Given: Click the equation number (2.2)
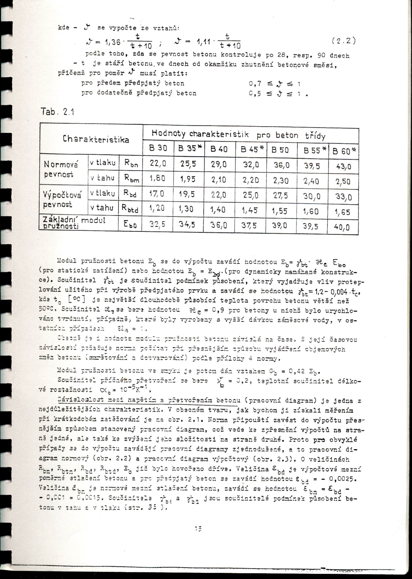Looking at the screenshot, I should (344, 41).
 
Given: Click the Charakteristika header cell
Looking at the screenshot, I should (96, 139).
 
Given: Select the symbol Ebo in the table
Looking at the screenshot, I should (130, 225).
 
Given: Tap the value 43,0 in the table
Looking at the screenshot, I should (344, 167).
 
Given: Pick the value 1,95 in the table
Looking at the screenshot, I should (188, 179).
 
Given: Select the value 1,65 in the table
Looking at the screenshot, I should (343, 212).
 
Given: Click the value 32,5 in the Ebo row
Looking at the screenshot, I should (157, 224).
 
